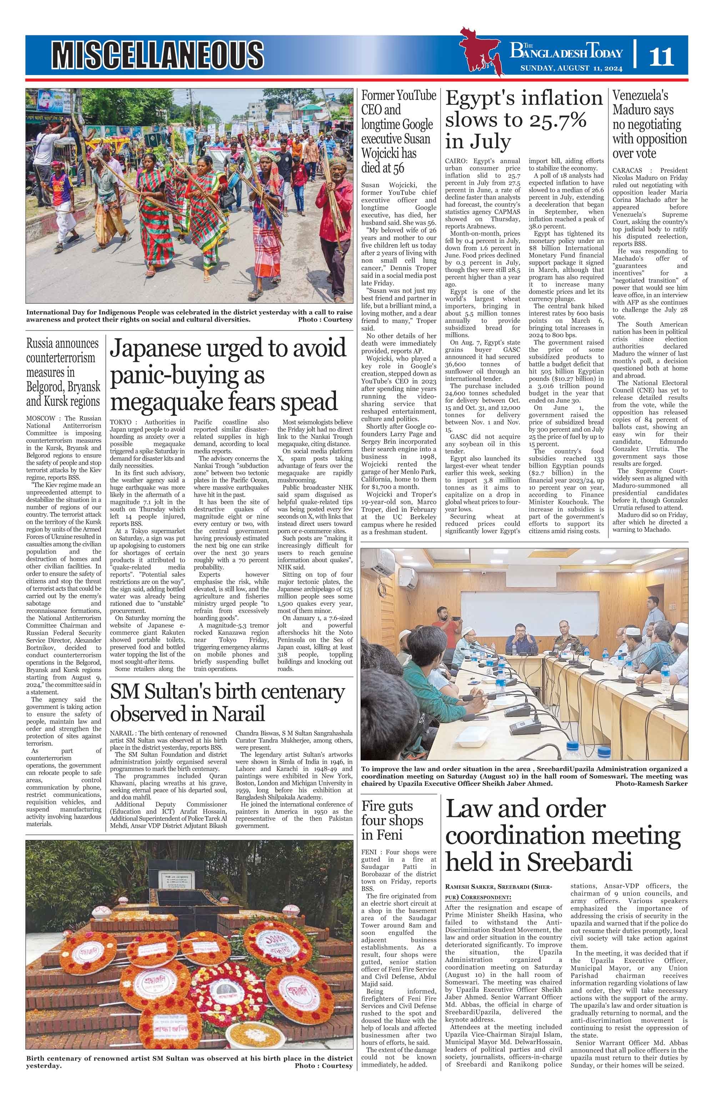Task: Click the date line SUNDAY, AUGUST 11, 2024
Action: click(x=571, y=69)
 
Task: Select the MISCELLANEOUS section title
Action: click(x=157, y=54)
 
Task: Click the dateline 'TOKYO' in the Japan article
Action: click(x=120, y=422)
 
